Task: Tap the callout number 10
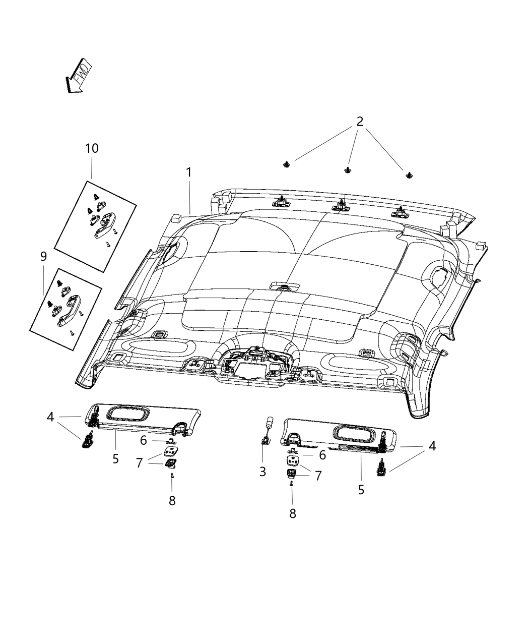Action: click(x=92, y=148)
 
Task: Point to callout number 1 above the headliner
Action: click(x=188, y=172)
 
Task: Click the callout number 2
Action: click(x=360, y=122)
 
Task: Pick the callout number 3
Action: click(x=262, y=472)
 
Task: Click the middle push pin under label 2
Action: click(x=347, y=170)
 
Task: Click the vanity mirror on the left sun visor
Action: click(x=128, y=414)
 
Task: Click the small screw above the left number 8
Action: click(x=172, y=476)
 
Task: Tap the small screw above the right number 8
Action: click(x=292, y=484)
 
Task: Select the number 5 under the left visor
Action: click(x=116, y=459)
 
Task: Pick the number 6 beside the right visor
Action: click(x=322, y=455)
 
